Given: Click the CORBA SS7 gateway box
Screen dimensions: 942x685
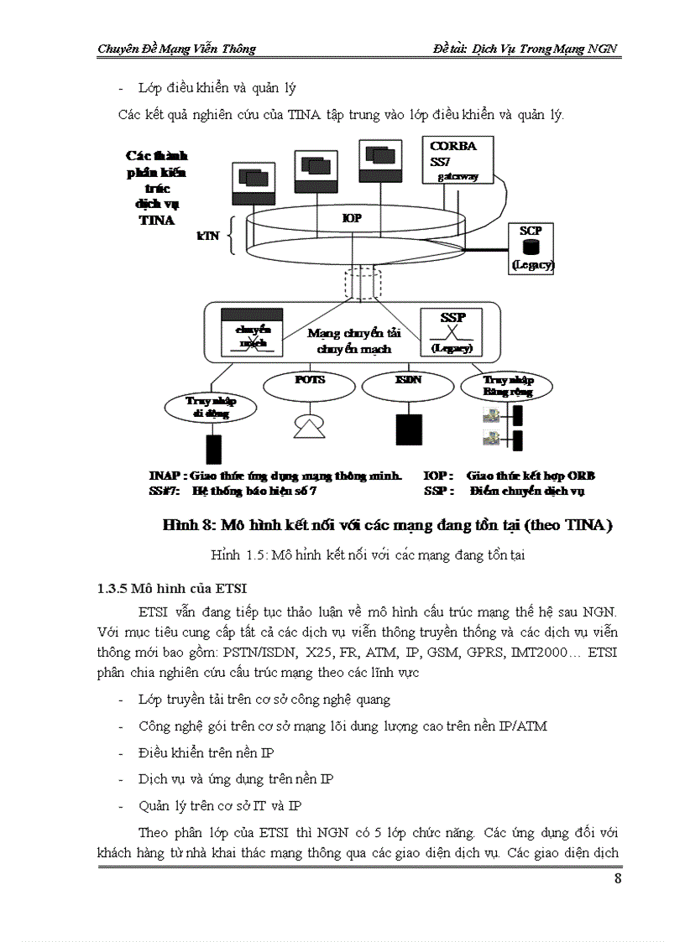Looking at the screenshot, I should click(457, 160).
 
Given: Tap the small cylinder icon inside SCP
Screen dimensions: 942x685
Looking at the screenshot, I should click(530, 247).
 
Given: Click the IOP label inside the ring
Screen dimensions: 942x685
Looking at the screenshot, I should click(353, 218).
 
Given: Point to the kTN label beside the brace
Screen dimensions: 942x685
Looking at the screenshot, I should click(207, 236).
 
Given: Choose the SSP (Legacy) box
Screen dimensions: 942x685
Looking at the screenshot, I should click(452, 331).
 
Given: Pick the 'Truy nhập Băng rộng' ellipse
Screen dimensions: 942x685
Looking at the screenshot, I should click(507, 387).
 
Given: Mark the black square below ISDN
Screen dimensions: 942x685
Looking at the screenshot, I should click(408, 429).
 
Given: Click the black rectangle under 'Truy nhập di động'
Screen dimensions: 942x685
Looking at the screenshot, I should click(214, 450).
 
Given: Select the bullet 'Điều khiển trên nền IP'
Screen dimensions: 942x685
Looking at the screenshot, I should click(206, 752).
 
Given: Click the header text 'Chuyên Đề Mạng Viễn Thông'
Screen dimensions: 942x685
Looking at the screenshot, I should click(176, 49).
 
